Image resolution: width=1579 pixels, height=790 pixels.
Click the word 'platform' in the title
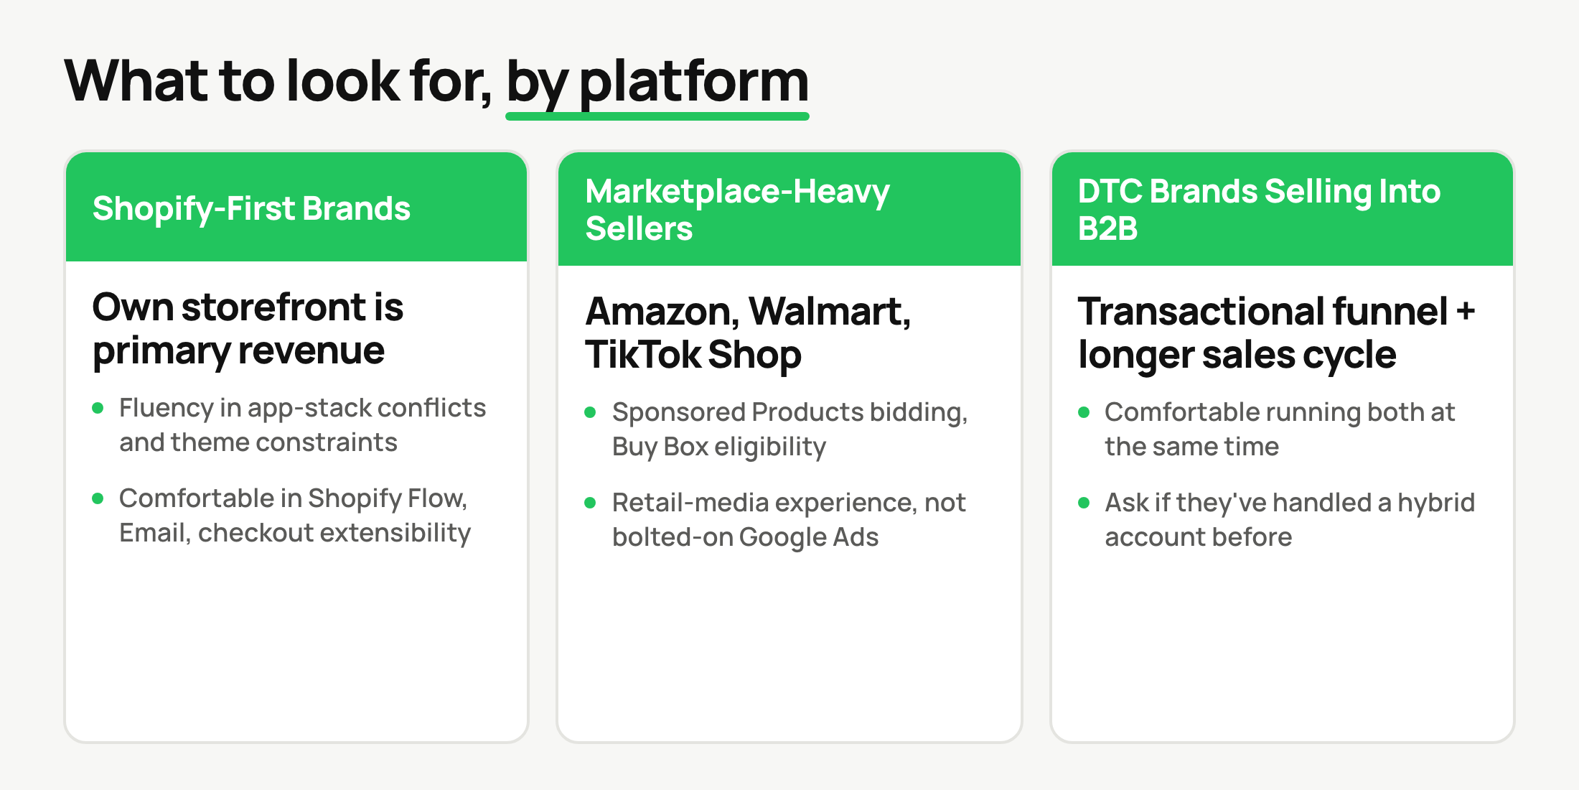[694, 83]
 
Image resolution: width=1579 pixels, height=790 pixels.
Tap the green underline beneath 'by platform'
[657, 116]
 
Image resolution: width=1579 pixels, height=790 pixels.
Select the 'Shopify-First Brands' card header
[296, 207]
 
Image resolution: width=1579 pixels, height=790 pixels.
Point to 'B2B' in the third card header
[1107, 228]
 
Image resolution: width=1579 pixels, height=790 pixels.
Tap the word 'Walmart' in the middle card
[830, 312]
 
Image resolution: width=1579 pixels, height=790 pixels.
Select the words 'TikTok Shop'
[693, 355]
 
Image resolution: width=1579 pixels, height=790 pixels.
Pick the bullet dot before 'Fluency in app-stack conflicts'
[98, 408]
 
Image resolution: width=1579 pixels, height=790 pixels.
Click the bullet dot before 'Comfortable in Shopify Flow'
[98, 498]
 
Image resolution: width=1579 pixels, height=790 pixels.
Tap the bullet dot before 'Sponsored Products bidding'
[591, 412]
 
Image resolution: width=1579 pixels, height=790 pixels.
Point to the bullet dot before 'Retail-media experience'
[591, 503]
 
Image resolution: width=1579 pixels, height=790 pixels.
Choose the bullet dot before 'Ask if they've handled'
[1084, 503]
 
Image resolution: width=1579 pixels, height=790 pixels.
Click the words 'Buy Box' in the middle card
[660, 447]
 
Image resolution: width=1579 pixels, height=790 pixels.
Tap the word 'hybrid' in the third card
[1436, 503]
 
